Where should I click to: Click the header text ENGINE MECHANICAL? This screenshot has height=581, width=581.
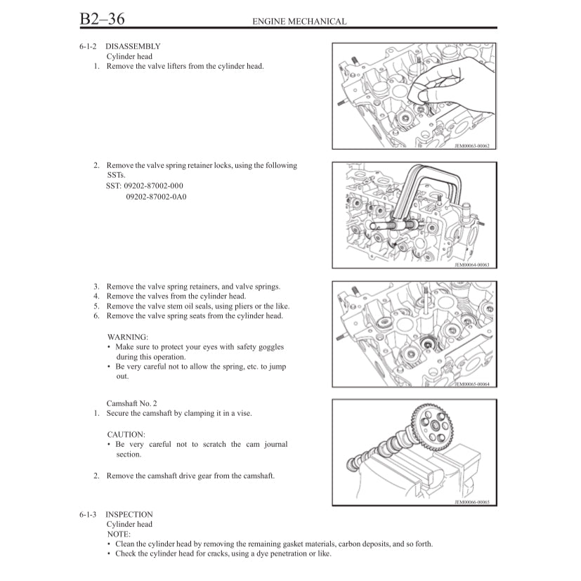coord(299,21)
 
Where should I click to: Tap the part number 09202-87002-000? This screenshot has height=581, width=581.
coord(152,186)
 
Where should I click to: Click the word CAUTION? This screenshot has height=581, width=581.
coord(126,434)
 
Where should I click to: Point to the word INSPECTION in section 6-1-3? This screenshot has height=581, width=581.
coord(129,514)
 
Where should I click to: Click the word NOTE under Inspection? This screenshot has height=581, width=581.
coord(119,534)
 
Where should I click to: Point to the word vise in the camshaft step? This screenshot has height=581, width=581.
coord(244,413)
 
